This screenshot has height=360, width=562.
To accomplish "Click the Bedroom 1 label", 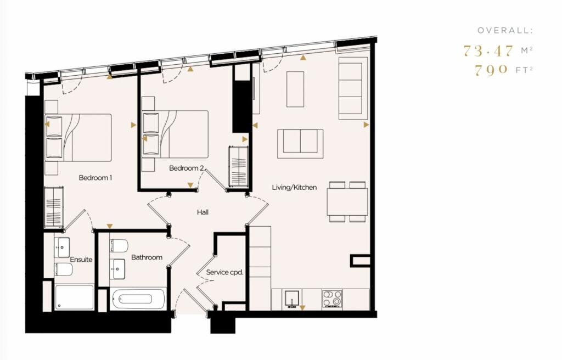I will click(95, 178).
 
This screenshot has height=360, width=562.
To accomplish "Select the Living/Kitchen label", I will click(294, 187).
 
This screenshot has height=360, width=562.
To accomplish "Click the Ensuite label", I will click(81, 260).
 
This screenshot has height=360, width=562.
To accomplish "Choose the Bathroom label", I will click(147, 257).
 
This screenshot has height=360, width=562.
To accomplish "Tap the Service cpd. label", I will click(224, 272).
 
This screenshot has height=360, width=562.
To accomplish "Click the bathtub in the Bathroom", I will click(138, 299).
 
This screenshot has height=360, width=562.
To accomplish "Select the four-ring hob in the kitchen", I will click(331, 299).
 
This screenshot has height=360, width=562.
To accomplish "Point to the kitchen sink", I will click(291, 299).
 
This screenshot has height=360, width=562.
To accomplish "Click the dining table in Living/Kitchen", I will click(347, 202).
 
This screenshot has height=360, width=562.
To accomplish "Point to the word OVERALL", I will click(505, 31).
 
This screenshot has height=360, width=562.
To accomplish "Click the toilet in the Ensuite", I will click(64, 269).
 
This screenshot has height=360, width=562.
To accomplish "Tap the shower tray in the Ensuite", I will click(74, 297).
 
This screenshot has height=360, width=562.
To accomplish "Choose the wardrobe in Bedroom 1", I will click(54, 207).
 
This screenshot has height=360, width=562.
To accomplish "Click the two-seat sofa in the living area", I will click(300, 144).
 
